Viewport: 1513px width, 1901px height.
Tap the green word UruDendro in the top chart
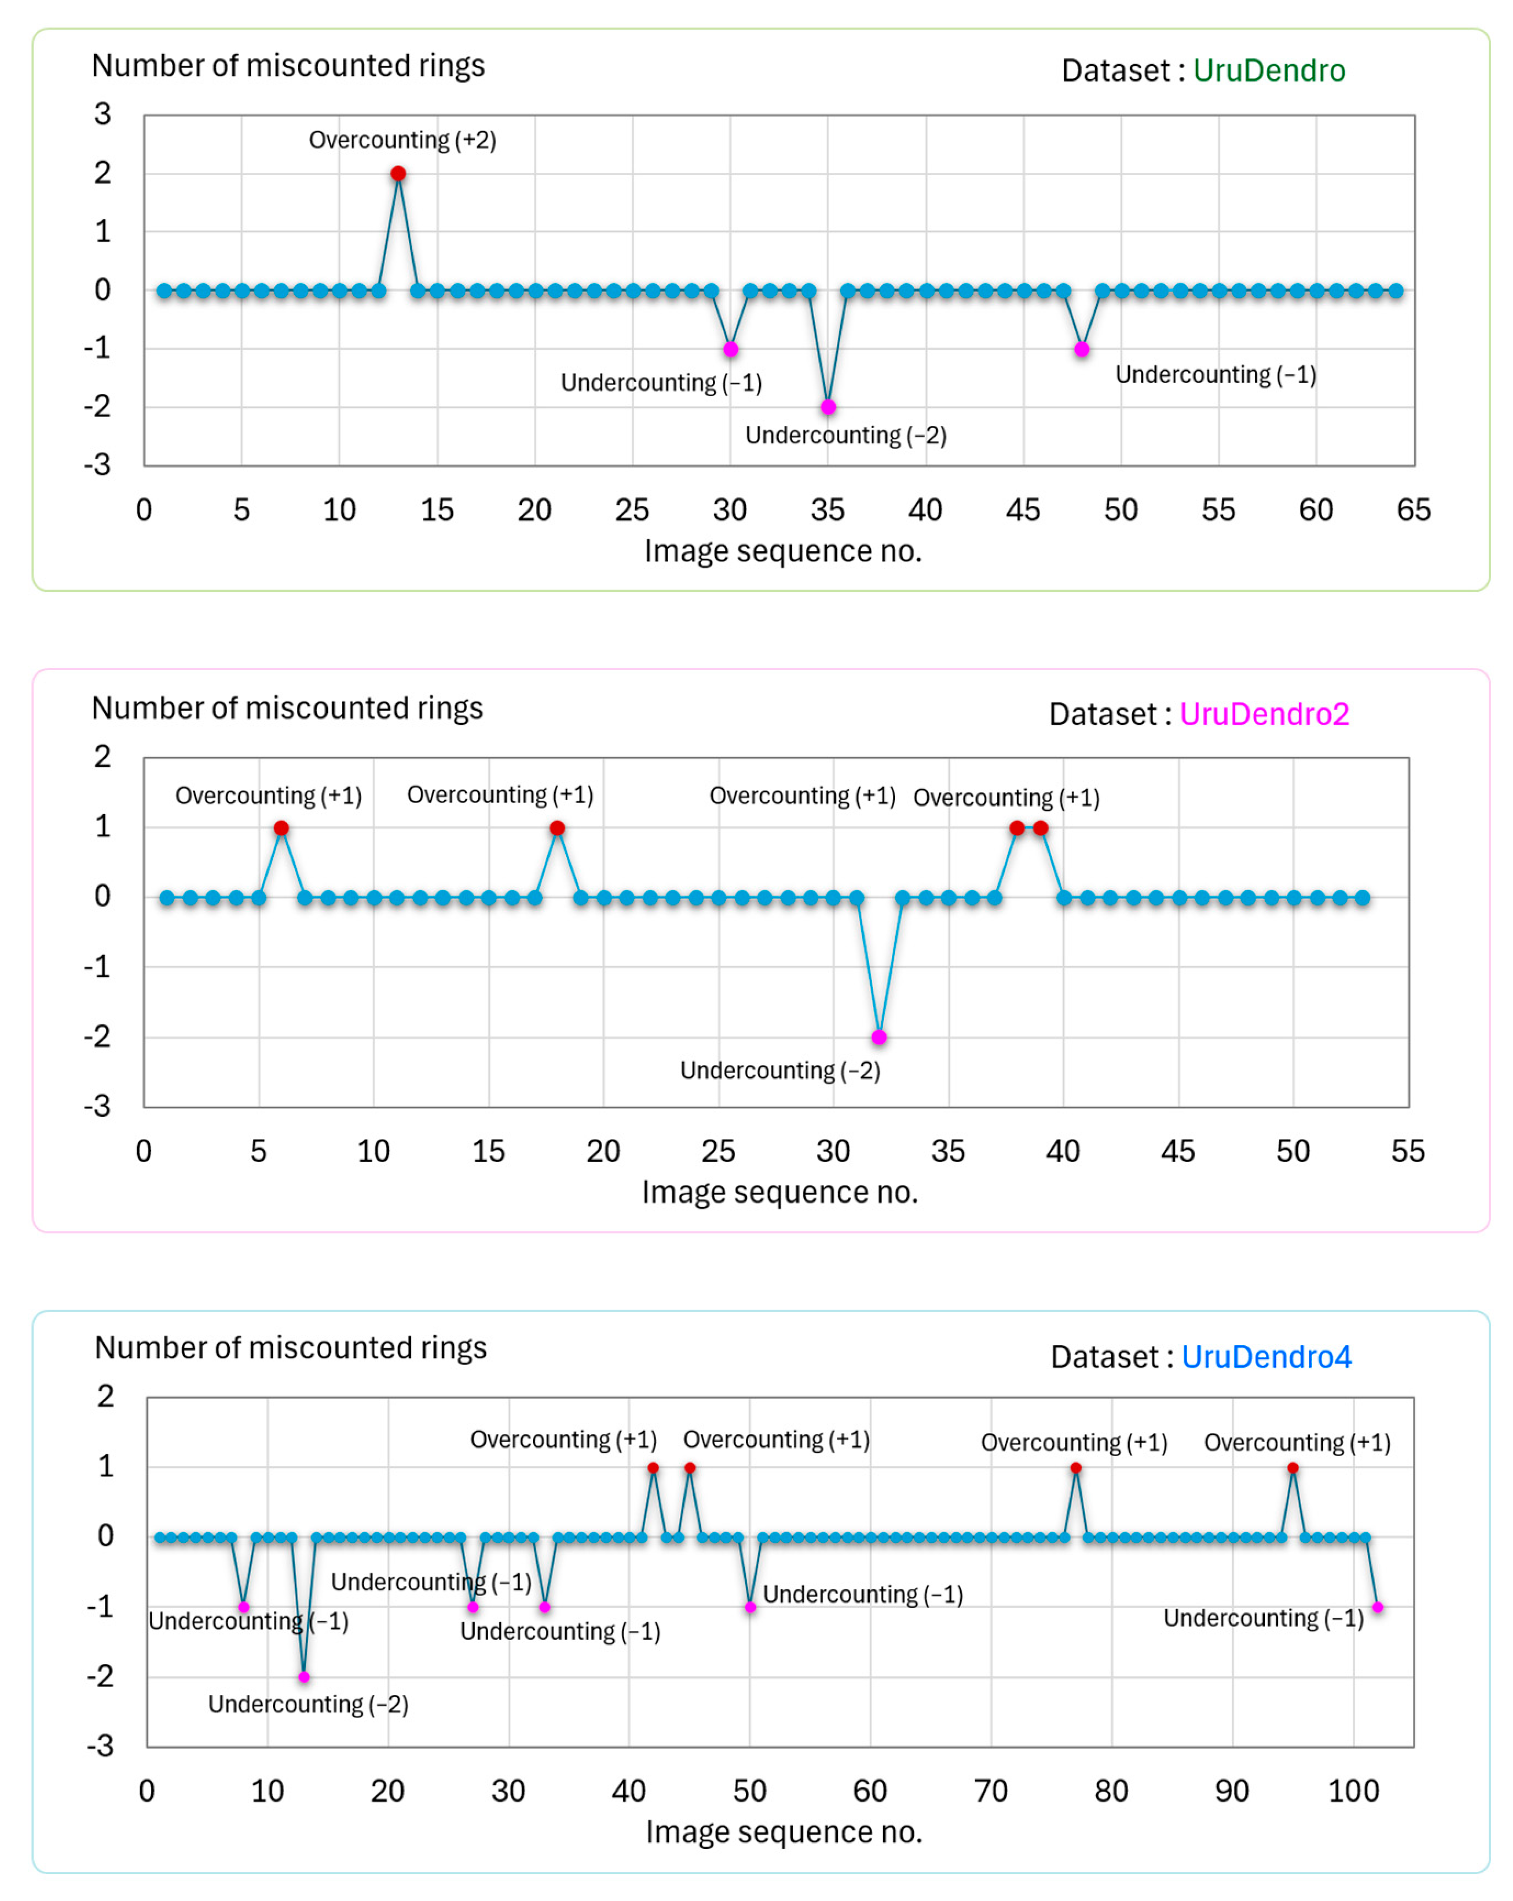click(x=1269, y=71)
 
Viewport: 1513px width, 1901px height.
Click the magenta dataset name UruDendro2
click(x=1263, y=714)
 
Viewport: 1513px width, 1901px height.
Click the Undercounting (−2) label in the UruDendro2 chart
click(x=780, y=1071)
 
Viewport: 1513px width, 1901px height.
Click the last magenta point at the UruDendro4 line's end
click(x=1377, y=1607)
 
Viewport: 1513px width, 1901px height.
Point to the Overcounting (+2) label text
click(x=402, y=140)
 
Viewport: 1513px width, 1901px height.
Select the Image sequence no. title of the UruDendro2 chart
click(x=780, y=1192)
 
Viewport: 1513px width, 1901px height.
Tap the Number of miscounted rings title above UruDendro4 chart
click(x=291, y=1347)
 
